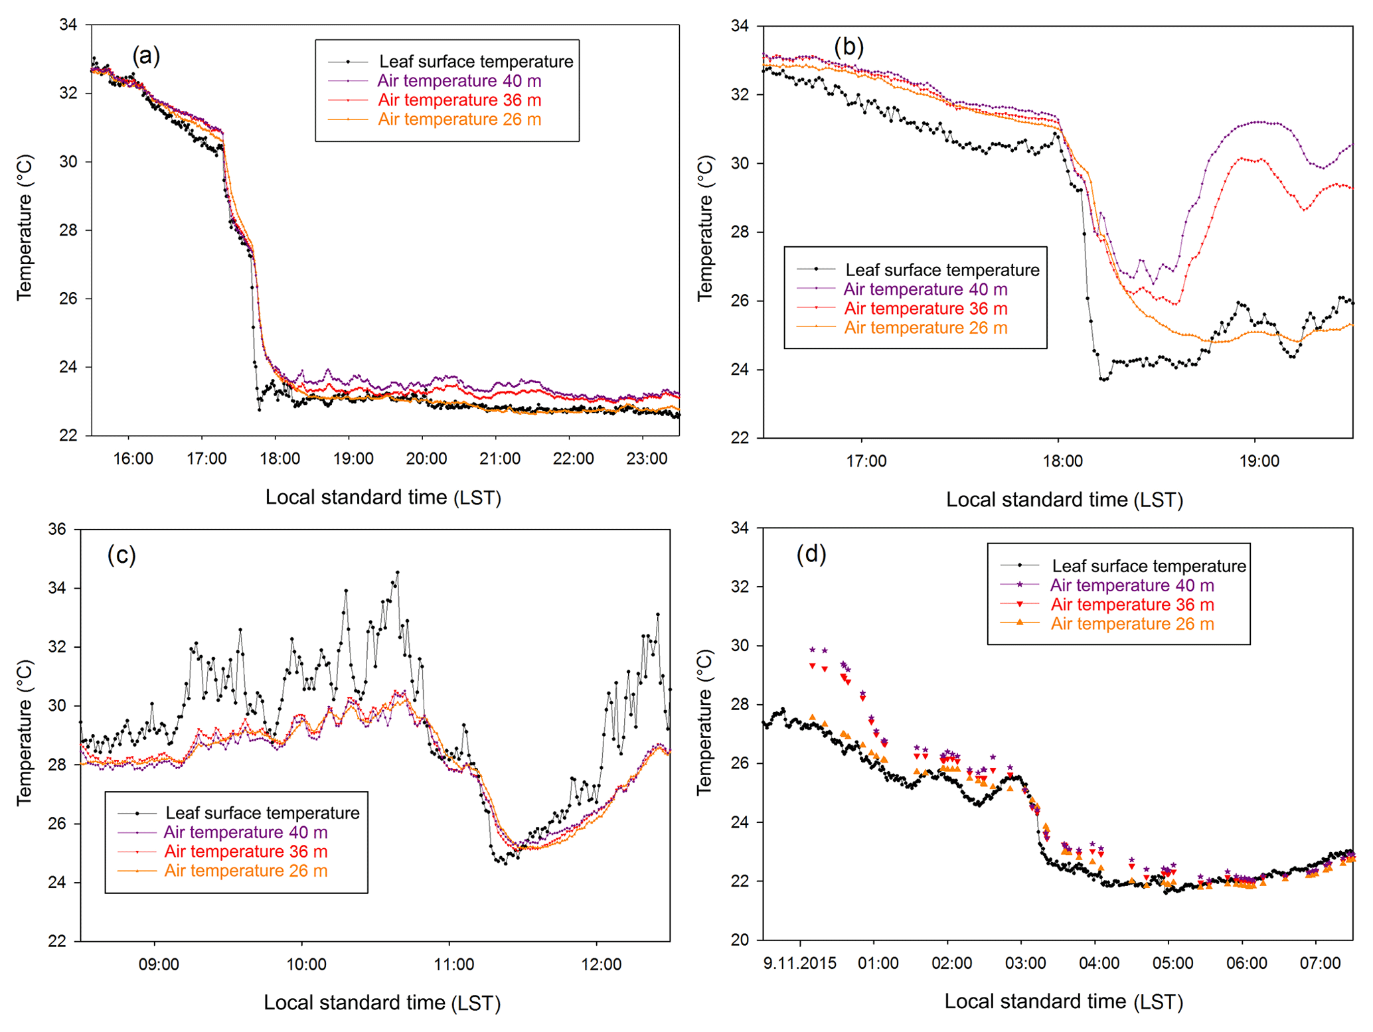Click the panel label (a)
pos(146,55)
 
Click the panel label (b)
pos(848,46)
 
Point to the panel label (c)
pos(121,554)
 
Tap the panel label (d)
pos(811,553)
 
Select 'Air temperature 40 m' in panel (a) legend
pos(459,81)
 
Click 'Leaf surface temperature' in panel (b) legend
pos(942,270)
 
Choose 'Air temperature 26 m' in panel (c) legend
pos(246,871)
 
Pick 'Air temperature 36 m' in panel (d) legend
pos(1132,605)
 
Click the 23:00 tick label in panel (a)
pos(647,459)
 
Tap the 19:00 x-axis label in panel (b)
pos(1259,461)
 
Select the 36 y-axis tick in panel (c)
pos(57,530)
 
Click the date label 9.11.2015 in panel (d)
pos(800,963)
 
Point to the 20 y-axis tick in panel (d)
pos(740,940)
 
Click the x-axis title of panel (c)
pos(382,1002)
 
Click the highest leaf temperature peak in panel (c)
pos(397,572)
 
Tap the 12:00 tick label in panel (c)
pos(602,964)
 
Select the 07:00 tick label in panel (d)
pos(1320,963)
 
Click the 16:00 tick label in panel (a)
pos(133,459)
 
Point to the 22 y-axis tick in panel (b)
pos(740,438)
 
